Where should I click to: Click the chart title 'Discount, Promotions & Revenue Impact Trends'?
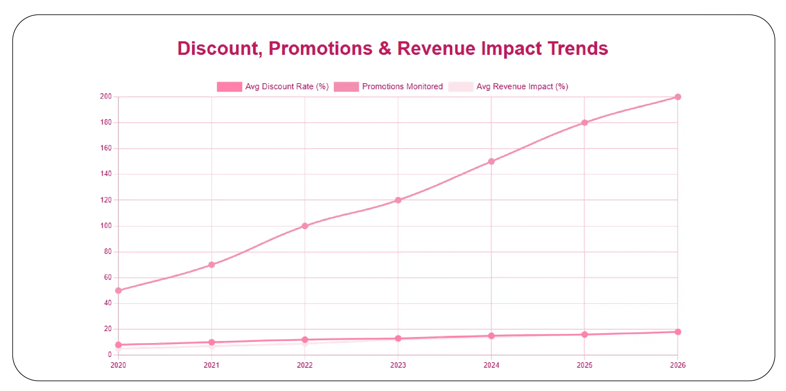pyautogui.click(x=393, y=49)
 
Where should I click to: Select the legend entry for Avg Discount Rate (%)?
pyautogui.click(x=272, y=86)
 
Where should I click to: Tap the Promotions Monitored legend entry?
pyautogui.click(x=388, y=86)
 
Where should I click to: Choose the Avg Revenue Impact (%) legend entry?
pyautogui.click(x=508, y=86)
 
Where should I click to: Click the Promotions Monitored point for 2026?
pyautogui.click(x=678, y=97)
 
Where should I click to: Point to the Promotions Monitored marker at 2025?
pyautogui.click(x=584, y=123)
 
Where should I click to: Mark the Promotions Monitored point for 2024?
pyautogui.click(x=491, y=161)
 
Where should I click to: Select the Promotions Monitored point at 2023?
pyautogui.click(x=398, y=200)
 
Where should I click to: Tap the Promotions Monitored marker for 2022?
pyautogui.click(x=305, y=226)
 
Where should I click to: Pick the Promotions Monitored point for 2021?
pyautogui.click(x=212, y=265)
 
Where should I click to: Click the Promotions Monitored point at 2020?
pyautogui.click(x=118, y=290)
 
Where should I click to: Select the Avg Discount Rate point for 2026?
pyautogui.click(x=678, y=332)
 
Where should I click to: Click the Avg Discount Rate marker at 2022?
pyautogui.click(x=305, y=340)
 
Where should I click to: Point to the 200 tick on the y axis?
pyautogui.click(x=106, y=96)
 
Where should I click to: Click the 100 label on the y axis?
pyautogui.click(x=106, y=226)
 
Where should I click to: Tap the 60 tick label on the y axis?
pyautogui.click(x=108, y=277)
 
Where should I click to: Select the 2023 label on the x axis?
pyautogui.click(x=398, y=365)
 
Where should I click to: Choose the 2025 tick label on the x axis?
pyautogui.click(x=584, y=365)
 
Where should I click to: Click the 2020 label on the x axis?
pyautogui.click(x=118, y=365)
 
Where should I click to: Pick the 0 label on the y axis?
pyautogui.click(x=110, y=354)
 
